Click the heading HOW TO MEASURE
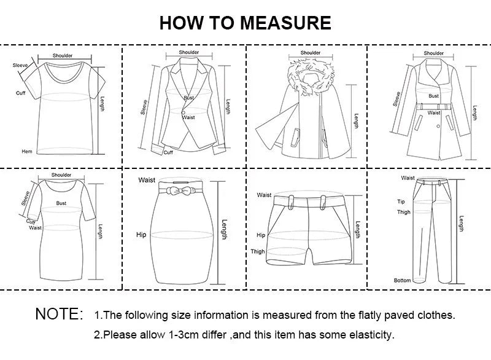(245, 23)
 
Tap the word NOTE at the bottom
(59, 315)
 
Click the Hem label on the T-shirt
(27, 151)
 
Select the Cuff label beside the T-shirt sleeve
(21, 93)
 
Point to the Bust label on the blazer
(188, 98)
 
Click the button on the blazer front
(183, 111)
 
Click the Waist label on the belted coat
(434, 113)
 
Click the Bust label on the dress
(61, 203)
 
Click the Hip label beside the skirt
(141, 235)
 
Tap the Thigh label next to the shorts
(258, 251)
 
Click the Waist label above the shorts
(264, 195)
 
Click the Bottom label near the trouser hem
(402, 280)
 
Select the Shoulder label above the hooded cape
(311, 53)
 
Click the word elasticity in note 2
(369, 335)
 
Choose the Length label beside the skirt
(224, 230)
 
